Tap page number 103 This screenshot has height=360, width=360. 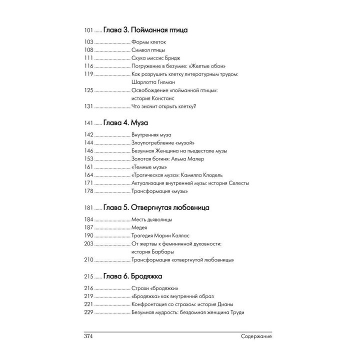(x=89, y=42)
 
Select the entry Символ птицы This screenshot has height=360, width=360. (x=148, y=50)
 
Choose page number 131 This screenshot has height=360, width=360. (x=89, y=106)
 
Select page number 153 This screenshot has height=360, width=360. (x=89, y=159)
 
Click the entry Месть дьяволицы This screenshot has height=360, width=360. (x=153, y=219)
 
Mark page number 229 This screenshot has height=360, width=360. (x=89, y=312)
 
